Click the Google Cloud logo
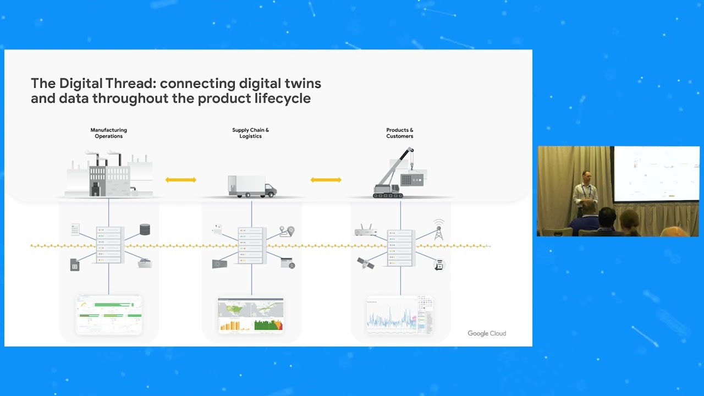click(487, 333)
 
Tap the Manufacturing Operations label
click(108, 133)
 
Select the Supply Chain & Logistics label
click(250, 133)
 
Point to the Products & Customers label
click(399, 133)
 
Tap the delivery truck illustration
click(252, 186)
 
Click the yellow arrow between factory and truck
click(181, 180)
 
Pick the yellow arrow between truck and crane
click(326, 180)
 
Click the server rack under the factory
click(108, 244)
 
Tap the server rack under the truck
click(252, 244)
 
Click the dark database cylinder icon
click(145, 229)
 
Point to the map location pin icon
click(287, 232)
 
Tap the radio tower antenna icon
click(438, 230)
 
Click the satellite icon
click(365, 263)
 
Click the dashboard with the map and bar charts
click(251, 315)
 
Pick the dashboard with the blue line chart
click(399, 315)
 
